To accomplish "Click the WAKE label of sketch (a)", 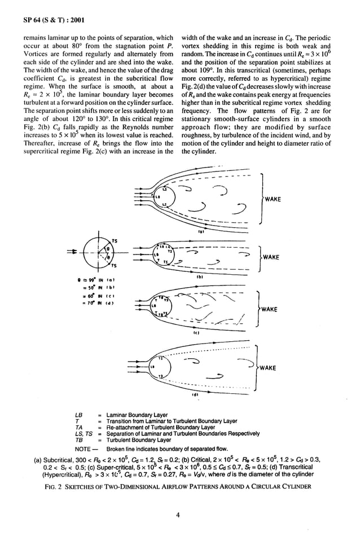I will (274, 199).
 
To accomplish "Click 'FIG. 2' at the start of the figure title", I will (56, 486).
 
